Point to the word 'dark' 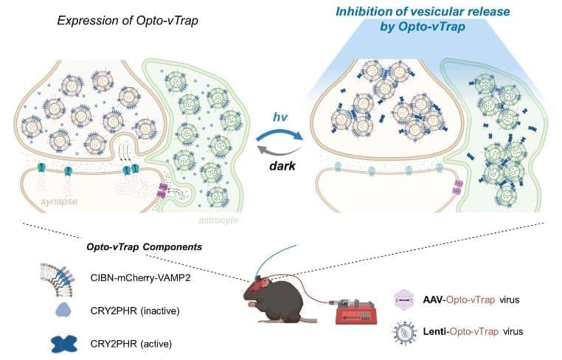pyautogui.click(x=282, y=166)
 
